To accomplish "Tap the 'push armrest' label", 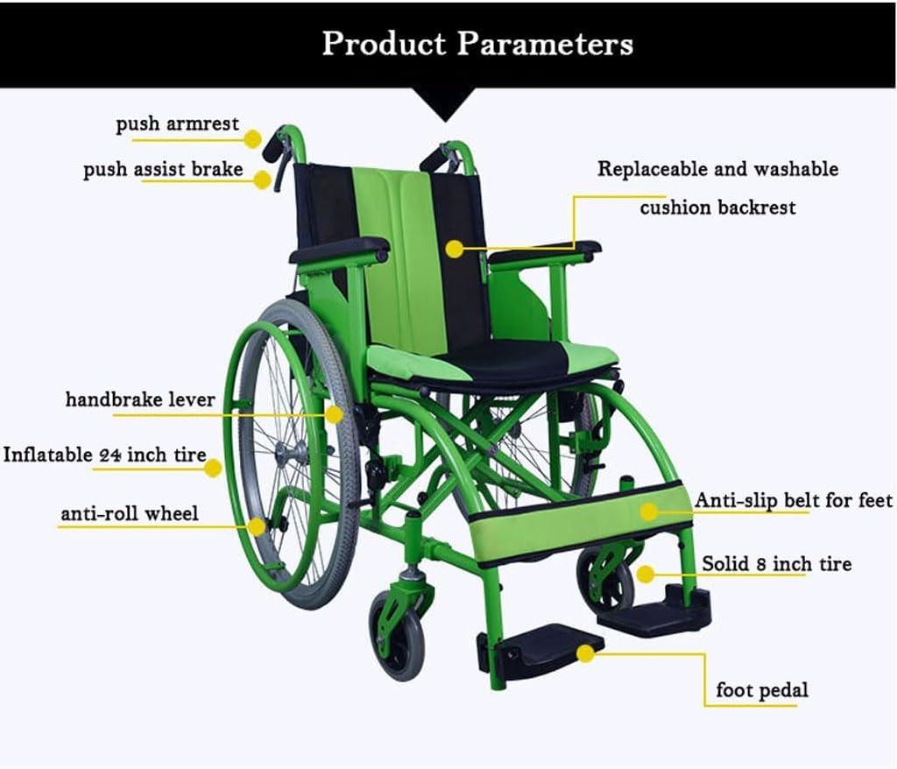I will (177, 124).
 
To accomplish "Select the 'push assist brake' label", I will (163, 169).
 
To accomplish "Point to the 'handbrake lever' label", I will (140, 399).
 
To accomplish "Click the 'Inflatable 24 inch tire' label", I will (104, 455).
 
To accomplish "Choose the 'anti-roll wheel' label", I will (130, 513).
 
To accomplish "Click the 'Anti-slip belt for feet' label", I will (793, 500).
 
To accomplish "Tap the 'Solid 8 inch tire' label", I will (776, 563).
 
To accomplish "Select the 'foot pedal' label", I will (761, 690).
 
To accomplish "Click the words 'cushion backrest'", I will (717, 208).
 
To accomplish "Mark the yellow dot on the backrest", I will (454, 249).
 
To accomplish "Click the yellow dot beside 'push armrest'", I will (252, 138).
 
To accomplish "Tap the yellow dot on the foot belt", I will (648, 511).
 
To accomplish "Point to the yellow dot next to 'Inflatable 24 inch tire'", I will (213, 469).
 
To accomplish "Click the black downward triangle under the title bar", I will (446, 104).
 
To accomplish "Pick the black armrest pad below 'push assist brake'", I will (340, 250).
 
